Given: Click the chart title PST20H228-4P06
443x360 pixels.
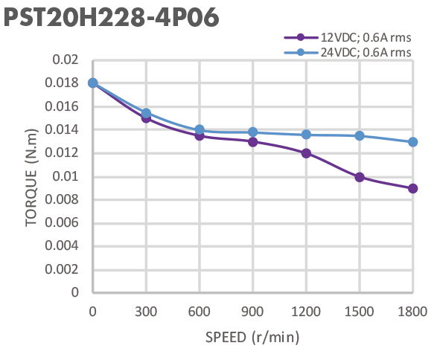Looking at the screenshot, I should [112, 19].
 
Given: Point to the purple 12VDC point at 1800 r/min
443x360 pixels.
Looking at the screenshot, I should [412, 188].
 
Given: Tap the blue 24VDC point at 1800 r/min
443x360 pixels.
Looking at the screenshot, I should [412, 141].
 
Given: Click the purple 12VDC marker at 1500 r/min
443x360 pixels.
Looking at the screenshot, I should [360, 177].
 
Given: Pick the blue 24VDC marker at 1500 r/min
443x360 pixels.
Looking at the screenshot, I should [360, 135].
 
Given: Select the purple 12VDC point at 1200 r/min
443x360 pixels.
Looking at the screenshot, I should [306, 153].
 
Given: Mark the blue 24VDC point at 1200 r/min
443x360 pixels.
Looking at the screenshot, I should [306, 135].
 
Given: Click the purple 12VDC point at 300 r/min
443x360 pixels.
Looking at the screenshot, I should [146, 118].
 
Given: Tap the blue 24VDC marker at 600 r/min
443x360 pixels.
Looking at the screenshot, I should [200, 129].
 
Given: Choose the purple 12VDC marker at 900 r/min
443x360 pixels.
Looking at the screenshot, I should [252, 141].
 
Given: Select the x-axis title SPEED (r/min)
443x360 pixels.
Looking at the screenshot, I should [252, 338].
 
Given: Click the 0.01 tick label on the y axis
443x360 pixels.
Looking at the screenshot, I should [68, 177].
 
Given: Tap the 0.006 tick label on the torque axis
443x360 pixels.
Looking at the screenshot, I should [65, 223].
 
